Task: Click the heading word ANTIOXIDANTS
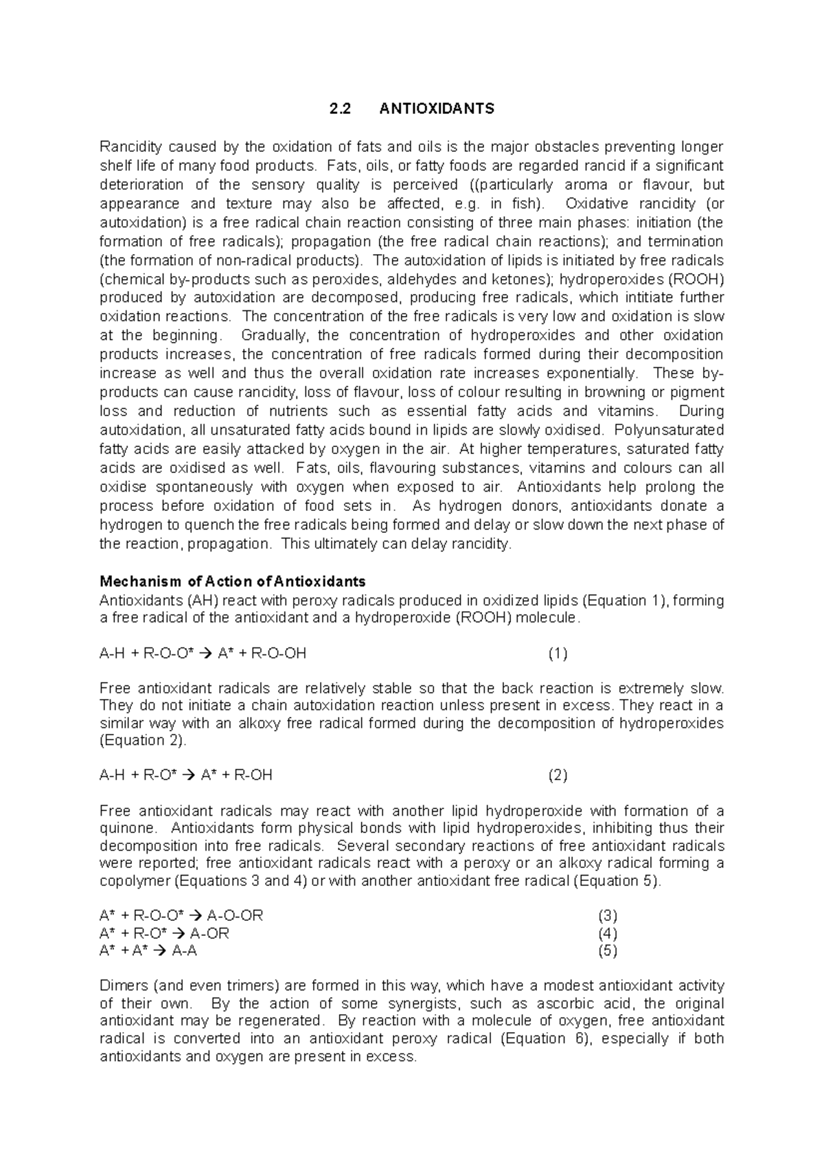point(437,109)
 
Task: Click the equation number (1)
point(558,654)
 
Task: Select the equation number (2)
point(558,775)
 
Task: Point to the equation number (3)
point(608,916)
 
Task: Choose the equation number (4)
point(608,933)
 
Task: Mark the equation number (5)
point(608,951)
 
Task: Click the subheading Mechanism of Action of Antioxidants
point(233,582)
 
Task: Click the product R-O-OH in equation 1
point(279,654)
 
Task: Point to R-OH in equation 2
point(253,775)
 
